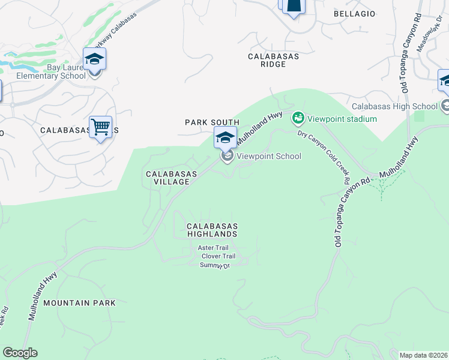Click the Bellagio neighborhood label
(354, 13)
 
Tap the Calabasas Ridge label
(273, 60)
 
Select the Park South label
(212, 122)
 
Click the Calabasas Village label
(171, 178)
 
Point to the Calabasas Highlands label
(212, 230)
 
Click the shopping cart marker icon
(100, 127)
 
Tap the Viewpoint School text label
(268, 156)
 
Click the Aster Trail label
(214, 248)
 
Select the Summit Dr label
(215, 265)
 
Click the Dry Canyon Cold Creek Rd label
(324, 158)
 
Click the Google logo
(20, 353)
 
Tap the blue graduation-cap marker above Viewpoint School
(225, 137)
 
